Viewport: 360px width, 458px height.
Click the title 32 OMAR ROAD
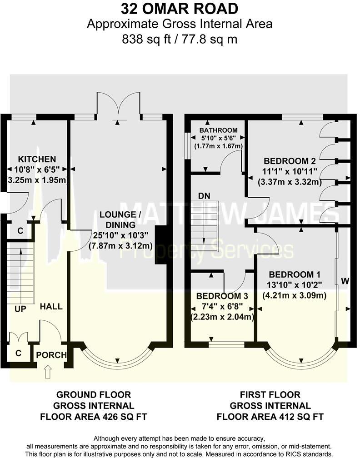[180, 8]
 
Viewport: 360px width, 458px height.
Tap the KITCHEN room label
[37, 159]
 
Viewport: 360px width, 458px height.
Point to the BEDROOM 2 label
[290, 161]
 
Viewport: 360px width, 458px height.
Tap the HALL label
[51, 307]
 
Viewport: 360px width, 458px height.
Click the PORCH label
[51, 355]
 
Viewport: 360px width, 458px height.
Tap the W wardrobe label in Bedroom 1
[345, 281]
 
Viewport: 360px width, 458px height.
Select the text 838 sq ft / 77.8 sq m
[180, 39]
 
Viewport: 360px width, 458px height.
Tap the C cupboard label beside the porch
[19, 353]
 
